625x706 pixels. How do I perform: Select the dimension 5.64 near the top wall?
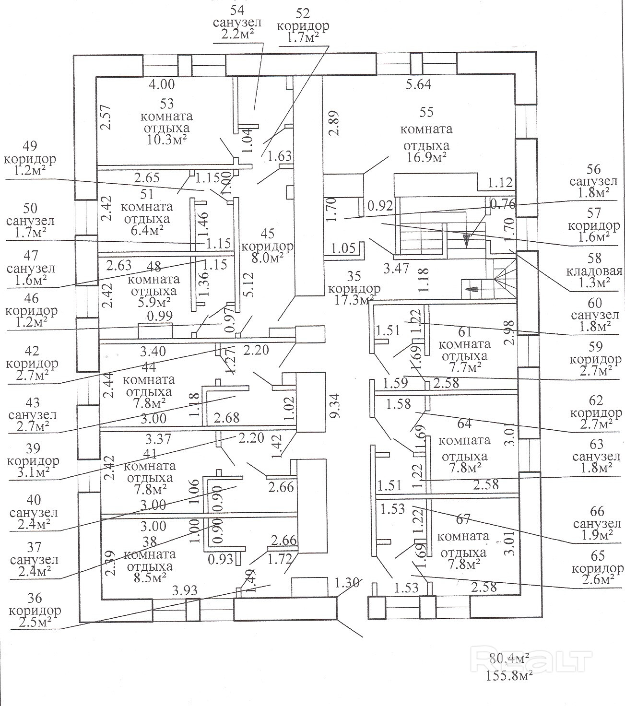(x=418, y=84)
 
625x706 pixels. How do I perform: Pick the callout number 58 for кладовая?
(x=594, y=259)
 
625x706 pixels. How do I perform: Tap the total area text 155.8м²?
(x=509, y=677)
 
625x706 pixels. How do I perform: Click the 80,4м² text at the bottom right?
(x=509, y=657)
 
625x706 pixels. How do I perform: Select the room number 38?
(x=149, y=541)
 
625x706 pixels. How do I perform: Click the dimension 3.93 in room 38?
(x=185, y=590)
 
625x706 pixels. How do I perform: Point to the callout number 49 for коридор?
(x=29, y=146)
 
